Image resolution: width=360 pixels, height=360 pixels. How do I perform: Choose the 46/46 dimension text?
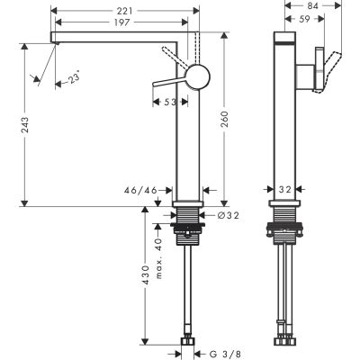139,191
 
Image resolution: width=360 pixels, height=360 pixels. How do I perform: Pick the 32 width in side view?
284,191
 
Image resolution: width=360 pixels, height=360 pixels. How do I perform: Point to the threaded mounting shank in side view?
284,225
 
